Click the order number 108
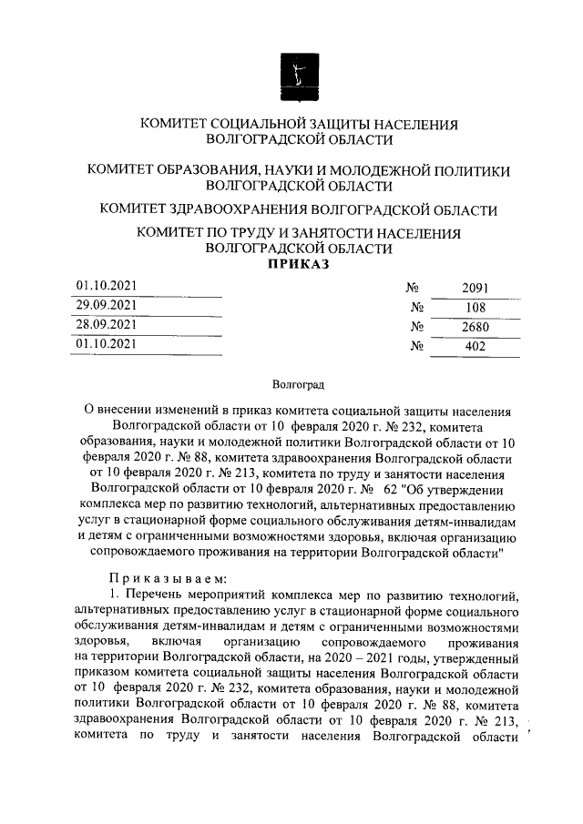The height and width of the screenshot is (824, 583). pyautogui.click(x=475, y=307)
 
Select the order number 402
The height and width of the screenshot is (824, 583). pyautogui.click(x=475, y=346)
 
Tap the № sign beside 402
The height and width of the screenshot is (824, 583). pyautogui.click(x=419, y=346)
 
